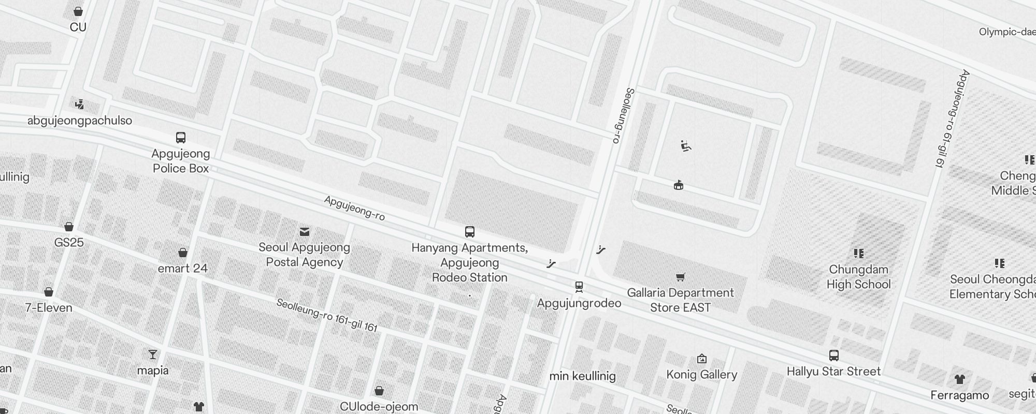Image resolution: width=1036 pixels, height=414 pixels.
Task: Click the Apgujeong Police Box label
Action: (181, 161)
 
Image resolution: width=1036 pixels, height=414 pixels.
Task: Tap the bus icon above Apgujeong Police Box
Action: (181, 138)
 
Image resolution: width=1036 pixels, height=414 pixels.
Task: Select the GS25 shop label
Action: (69, 242)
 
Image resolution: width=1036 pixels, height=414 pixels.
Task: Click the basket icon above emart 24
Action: (182, 253)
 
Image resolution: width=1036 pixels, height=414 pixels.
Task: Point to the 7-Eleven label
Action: (49, 308)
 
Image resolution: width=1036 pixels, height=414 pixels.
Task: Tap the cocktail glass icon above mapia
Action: (152, 354)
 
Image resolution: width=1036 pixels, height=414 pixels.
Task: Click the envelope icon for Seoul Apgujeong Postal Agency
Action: (305, 231)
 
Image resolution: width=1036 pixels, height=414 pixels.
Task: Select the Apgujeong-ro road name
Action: (354, 208)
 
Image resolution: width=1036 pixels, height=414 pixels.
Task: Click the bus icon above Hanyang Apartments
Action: (470, 231)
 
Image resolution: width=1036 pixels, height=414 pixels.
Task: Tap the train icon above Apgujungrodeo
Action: (579, 286)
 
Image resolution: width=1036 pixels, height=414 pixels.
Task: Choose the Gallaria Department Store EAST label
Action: (680, 300)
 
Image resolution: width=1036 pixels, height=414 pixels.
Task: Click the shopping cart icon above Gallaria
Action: (681, 277)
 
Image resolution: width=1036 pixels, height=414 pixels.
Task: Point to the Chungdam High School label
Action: (858, 277)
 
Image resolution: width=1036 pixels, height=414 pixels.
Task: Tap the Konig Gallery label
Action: (701, 375)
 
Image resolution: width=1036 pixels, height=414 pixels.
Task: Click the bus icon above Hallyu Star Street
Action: (833, 356)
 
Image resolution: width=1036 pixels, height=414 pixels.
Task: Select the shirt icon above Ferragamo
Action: (959, 379)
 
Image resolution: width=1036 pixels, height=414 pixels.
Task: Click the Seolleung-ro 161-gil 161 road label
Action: (327, 315)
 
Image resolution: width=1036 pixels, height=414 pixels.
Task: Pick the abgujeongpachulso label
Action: (80, 121)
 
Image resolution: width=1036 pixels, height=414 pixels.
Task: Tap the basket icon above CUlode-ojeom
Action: (379, 391)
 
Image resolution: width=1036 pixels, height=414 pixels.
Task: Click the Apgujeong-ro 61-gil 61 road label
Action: (952, 119)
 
